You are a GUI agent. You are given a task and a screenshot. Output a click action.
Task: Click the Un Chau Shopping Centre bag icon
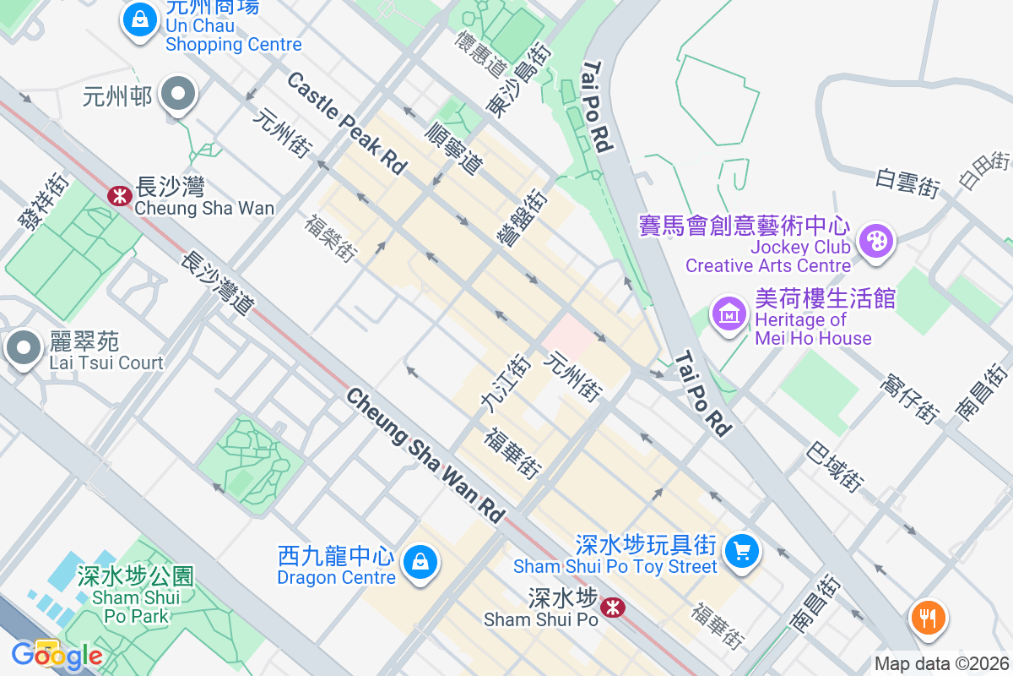(x=138, y=19)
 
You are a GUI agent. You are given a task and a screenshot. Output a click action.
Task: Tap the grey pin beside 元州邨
(x=178, y=95)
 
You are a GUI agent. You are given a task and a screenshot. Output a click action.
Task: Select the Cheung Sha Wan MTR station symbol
(x=119, y=196)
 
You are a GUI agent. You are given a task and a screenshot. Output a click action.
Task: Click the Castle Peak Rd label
(x=346, y=123)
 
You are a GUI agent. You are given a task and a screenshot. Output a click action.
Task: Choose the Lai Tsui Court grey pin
(x=23, y=348)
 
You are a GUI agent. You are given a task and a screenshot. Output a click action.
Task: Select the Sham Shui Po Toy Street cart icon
(x=742, y=552)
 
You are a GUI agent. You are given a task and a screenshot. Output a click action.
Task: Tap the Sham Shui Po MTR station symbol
(x=612, y=606)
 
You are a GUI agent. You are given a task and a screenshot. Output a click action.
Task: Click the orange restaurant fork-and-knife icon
(x=928, y=617)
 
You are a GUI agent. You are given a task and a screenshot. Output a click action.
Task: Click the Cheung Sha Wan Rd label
(x=425, y=455)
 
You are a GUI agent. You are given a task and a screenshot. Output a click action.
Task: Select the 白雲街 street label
(x=907, y=182)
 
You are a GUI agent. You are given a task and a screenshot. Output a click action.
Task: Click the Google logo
(x=57, y=655)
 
